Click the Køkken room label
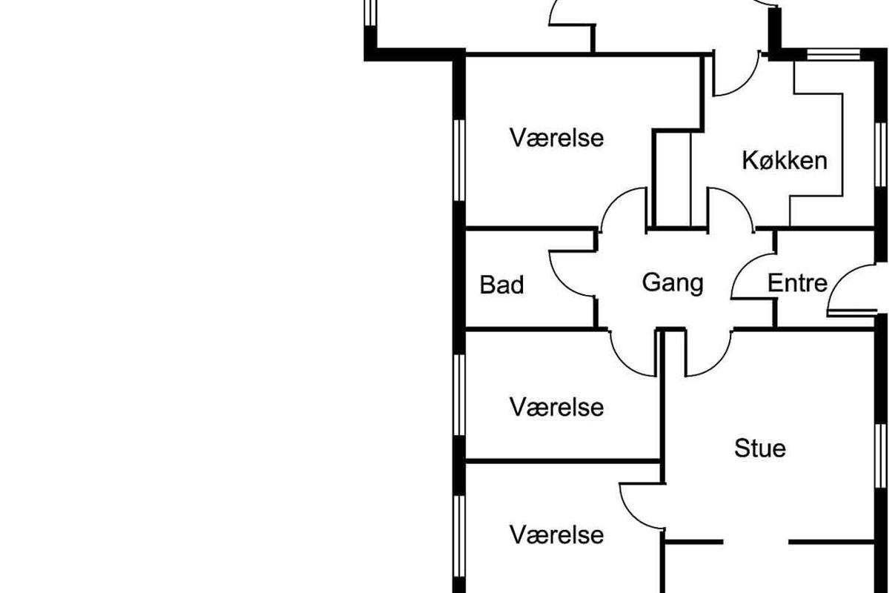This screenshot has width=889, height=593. click(x=785, y=160)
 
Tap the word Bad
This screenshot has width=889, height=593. click(x=502, y=285)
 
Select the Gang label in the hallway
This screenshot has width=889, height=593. click(x=672, y=282)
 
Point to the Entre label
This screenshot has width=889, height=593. click(x=797, y=282)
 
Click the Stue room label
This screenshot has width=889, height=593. click(x=760, y=448)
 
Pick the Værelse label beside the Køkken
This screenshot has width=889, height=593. click(x=556, y=138)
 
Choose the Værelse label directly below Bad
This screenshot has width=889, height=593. click(x=556, y=407)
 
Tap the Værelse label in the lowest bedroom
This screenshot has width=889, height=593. click(x=556, y=534)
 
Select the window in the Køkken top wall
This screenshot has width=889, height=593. click(x=833, y=53)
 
